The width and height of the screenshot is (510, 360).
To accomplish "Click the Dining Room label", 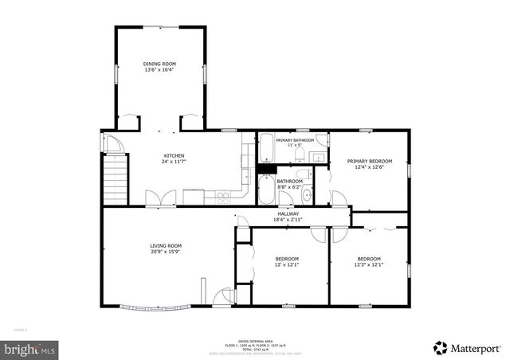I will (x=159, y=64).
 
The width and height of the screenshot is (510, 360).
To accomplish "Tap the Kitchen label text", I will (x=175, y=155).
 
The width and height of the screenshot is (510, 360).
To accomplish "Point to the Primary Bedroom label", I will (x=369, y=160).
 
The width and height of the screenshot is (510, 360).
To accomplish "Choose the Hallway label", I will (x=288, y=213).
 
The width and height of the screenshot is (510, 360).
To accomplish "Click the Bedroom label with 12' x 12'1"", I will (x=287, y=259).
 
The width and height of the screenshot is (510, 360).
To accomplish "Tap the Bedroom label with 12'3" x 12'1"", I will (x=369, y=259).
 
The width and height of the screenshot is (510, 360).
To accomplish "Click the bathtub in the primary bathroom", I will (x=266, y=151).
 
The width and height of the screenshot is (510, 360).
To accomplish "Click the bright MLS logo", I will (x=30, y=348).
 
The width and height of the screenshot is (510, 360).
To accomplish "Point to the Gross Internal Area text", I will (x=255, y=339).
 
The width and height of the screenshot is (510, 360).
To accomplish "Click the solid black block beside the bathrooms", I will (x=266, y=168).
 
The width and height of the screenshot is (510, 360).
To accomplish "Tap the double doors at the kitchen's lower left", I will (x=156, y=198).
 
